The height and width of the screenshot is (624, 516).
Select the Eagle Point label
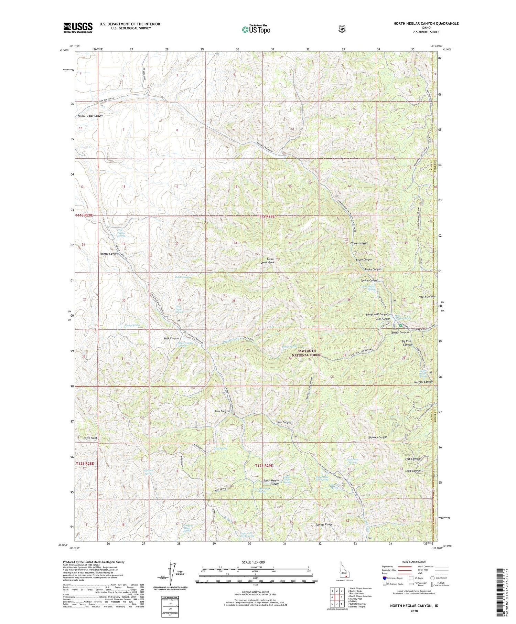tap(90, 438)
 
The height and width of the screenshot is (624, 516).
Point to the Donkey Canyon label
tap(378, 437)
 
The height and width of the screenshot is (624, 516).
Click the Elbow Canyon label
tap(359, 243)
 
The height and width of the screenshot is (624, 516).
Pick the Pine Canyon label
tap(222, 411)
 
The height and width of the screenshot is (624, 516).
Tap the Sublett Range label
tap(324, 525)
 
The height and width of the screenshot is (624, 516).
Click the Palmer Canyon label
tap(109, 254)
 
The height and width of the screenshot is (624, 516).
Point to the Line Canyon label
tap(284, 422)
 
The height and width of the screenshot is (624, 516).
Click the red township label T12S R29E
tap(264, 465)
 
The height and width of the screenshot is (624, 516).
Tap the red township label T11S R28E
tap(84, 215)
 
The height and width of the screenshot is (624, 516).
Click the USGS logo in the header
tap(78, 27)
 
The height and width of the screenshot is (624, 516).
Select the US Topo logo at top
tap(256, 29)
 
